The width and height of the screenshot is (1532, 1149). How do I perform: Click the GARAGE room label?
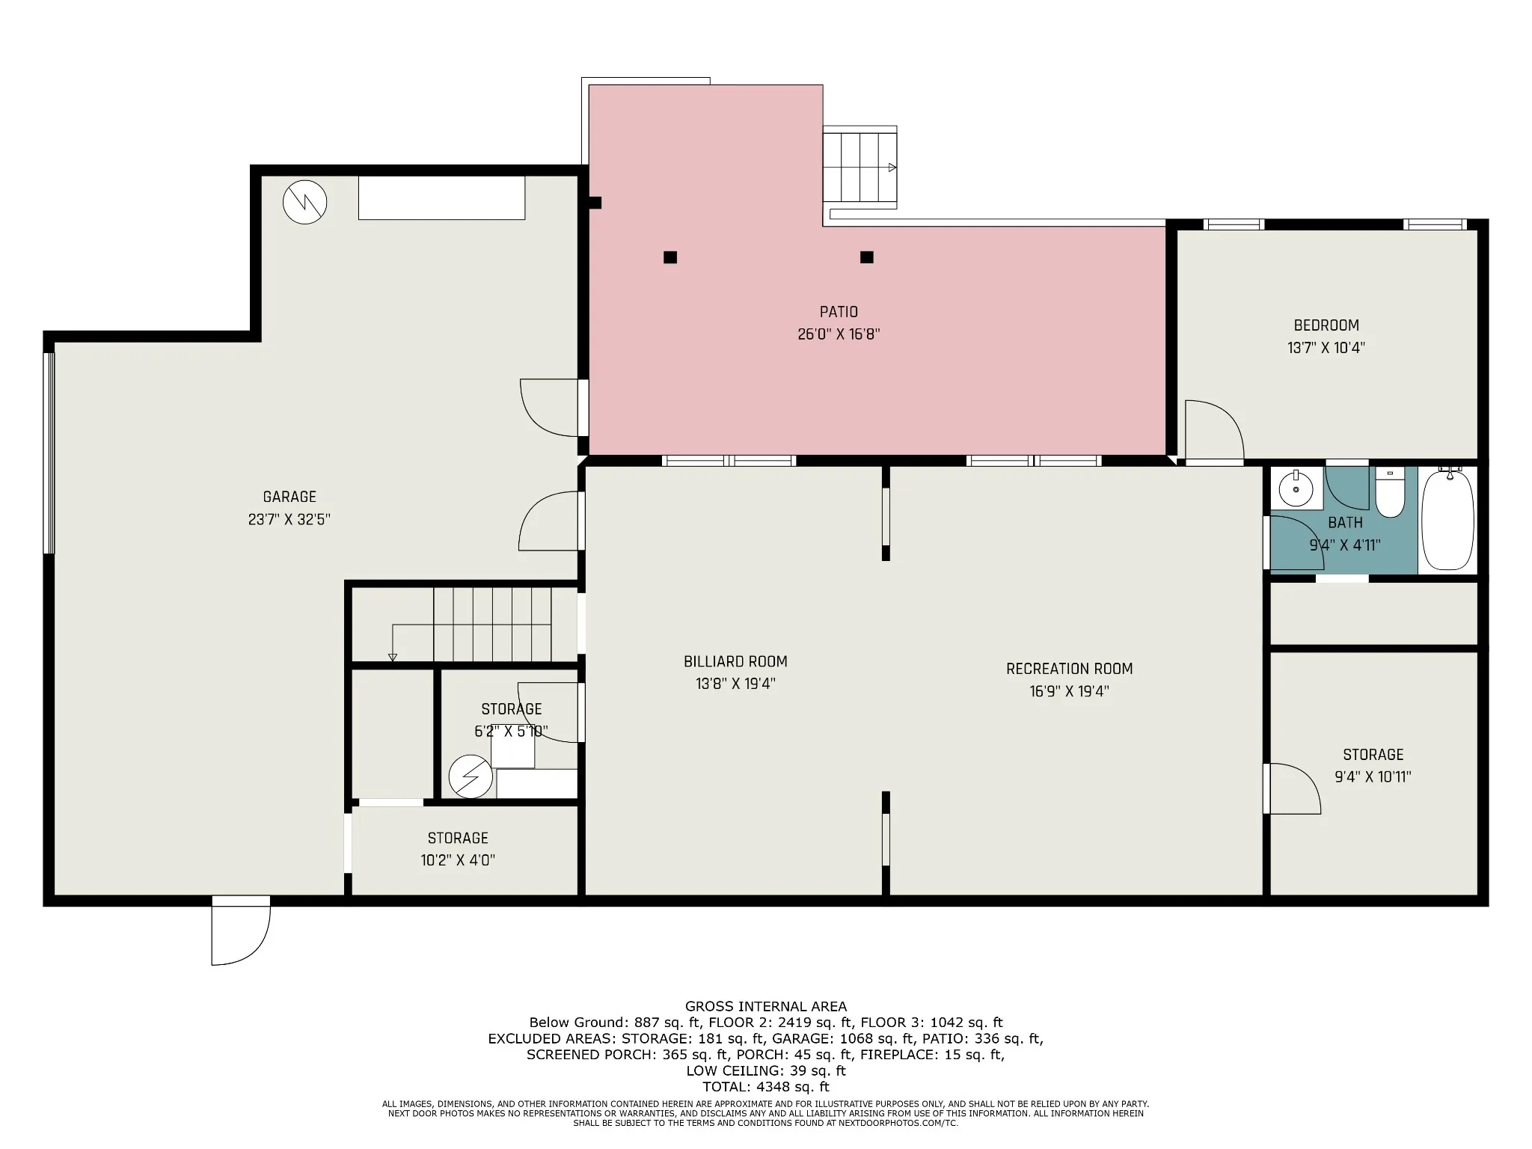[289, 497]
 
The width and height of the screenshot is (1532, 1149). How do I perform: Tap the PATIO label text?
[839, 312]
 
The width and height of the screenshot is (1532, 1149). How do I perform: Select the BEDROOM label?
[1326, 325]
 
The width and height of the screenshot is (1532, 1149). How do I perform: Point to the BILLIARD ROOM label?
[735, 661]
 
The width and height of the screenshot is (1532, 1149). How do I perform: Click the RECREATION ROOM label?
[1069, 669]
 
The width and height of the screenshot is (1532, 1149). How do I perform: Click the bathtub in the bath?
[1447, 520]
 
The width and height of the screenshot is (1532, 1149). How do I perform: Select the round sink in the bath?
[1296, 491]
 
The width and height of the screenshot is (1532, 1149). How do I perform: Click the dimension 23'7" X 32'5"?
[289, 519]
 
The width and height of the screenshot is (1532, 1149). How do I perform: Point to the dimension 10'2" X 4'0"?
[458, 860]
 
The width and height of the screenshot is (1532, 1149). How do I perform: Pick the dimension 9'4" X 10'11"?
[1373, 776]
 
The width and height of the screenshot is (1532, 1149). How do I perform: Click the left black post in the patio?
[670, 257]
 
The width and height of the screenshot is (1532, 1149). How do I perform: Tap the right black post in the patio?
[867, 257]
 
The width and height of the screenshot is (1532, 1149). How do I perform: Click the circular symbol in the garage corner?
[305, 202]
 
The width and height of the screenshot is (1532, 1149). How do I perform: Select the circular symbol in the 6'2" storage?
[471, 776]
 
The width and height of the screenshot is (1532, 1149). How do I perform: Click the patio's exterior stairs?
[860, 168]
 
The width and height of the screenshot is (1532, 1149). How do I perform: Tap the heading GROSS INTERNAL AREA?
[766, 1007]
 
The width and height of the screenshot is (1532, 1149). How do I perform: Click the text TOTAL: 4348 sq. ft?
[766, 1087]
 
